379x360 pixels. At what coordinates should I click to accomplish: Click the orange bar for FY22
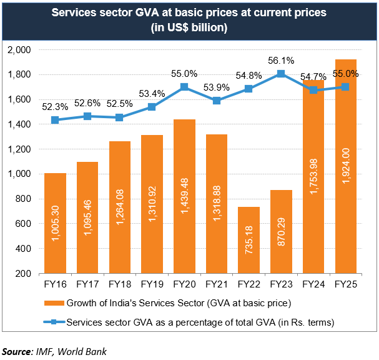pyautogui.click(x=249, y=240)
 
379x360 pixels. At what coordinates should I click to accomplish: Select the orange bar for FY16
pyautogui.click(x=56, y=223)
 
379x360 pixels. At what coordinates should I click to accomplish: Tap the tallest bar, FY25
pyautogui.click(x=345, y=166)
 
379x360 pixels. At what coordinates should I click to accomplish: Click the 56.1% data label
pyautogui.click(x=281, y=61)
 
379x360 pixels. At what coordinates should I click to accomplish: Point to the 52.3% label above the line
pyautogui.click(x=56, y=107)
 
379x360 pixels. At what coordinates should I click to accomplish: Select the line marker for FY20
pyautogui.click(x=184, y=87)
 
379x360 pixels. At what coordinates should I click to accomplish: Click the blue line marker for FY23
pyautogui.click(x=281, y=74)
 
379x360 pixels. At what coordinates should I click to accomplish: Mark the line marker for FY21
pyautogui.click(x=217, y=101)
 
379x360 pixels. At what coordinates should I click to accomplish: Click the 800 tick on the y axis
pyautogui.click(x=22, y=199)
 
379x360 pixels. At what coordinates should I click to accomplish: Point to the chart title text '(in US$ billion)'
pyautogui.click(x=189, y=27)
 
